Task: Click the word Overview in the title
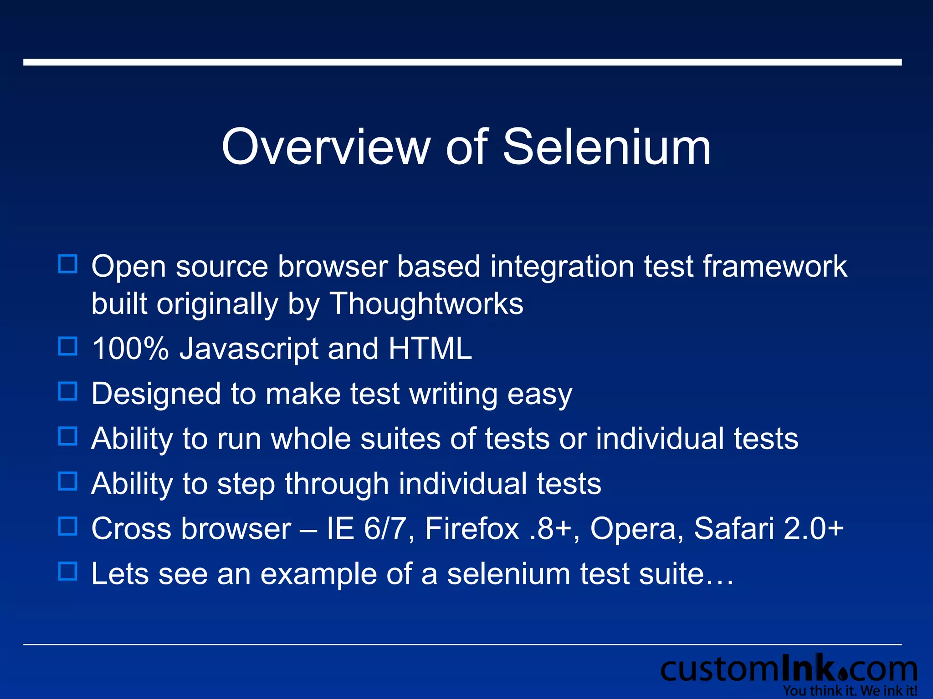tap(325, 147)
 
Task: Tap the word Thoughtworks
tap(426, 304)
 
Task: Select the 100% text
tap(130, 349)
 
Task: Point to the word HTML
tap(430, 349)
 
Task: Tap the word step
tap(246, 484)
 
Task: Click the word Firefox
tap(472, 528)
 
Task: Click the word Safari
tap(733, 528)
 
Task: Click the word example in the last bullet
tap(318, 574)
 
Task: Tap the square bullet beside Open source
tap(68, 264)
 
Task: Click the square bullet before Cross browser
tap(68, 526)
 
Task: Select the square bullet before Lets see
tap(68, 571)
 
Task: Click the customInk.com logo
tap(789, 669)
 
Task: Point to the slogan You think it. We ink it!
tap(850, 691)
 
